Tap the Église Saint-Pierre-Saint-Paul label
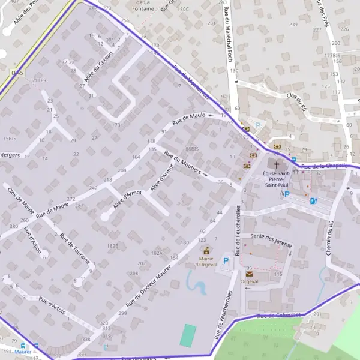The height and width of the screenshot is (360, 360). coord(277,179)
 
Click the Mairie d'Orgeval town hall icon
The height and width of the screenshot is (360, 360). coord(207,250)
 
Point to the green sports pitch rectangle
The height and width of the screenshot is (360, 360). coord(188,335)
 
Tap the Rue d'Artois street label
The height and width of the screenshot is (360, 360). coord(52,304)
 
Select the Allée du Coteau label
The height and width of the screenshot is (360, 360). coord(98,67)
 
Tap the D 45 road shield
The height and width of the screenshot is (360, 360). coord(17,73)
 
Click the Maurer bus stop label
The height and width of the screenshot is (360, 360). coord(23,352)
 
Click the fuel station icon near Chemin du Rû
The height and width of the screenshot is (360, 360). coord(313,201)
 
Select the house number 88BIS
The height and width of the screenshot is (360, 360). coord(191,148)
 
